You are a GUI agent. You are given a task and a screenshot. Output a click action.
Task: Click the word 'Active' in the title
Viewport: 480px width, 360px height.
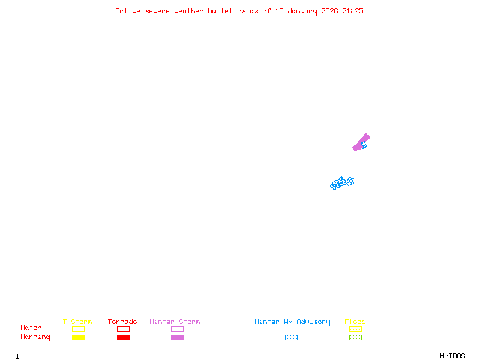(x=128, y=11)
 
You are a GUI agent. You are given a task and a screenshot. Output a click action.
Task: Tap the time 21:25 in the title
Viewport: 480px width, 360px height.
(x=353, y=11)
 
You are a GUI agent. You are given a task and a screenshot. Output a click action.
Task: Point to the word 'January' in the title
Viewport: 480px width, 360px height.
(x=302, y=11)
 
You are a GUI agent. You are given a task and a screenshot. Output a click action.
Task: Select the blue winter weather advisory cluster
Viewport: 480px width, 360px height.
(x=341, y=183)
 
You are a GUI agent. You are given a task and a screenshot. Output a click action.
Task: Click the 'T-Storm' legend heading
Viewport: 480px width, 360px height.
(x=77, y=322)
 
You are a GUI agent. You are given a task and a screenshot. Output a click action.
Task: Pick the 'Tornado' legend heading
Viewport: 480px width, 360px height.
(x=122, y=322)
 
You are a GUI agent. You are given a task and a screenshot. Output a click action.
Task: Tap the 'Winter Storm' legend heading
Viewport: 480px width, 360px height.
(x=175, y=322)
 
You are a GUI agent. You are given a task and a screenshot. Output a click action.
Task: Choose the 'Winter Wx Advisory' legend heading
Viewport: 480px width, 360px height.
(x=292, y=322)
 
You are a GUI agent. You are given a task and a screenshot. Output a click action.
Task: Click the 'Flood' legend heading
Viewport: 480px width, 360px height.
(x=355, y=322)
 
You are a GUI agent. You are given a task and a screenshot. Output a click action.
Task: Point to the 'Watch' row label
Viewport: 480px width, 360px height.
(x=31, y=328)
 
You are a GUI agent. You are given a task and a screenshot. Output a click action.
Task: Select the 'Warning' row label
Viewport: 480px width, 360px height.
(x=35, y=337)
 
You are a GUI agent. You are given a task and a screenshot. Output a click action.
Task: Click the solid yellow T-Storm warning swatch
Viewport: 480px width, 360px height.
(x=79, y=337)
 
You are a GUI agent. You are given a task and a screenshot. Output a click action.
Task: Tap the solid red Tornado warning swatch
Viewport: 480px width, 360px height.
(x=124, y=337)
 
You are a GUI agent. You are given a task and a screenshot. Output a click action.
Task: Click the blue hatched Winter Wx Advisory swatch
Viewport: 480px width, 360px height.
(x=291, y=337)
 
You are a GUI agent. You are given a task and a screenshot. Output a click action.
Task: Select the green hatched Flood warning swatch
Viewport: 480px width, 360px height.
(x=355, y=337)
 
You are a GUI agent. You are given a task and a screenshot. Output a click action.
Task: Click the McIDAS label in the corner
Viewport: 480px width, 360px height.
(x=452, y=356)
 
